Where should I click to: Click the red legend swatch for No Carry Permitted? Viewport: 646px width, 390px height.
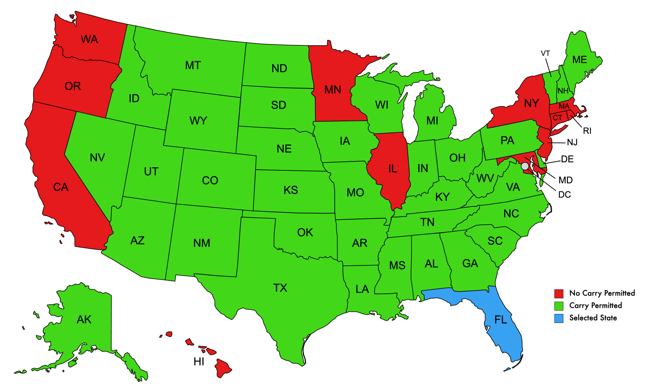(559, 293)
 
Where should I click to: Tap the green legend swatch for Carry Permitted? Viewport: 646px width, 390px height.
(559, 306)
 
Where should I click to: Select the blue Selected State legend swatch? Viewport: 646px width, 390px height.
(559, 318)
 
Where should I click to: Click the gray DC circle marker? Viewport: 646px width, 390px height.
(525, 166)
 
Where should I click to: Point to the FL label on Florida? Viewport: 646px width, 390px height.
(501, 320)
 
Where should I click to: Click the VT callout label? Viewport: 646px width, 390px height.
(545, 53)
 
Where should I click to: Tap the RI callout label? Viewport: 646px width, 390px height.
(587, 131)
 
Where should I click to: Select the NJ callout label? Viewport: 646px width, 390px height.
(572, 142)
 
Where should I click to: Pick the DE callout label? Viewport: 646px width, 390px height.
(567, 159)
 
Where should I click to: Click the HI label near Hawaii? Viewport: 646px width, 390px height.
(199, 362)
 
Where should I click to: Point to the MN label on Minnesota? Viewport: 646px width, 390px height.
(333, 90)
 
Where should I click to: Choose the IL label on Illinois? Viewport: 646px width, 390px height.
(393, 169)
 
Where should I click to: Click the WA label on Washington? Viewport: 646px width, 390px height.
(89, 39)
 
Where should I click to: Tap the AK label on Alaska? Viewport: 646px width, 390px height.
(84, 320)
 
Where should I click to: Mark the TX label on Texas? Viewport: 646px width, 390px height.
(280, 288)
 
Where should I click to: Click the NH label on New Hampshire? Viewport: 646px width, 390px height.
(563, 91)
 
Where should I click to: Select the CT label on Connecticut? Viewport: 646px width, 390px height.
(557, 118)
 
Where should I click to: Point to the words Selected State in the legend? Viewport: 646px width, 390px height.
(593, 318)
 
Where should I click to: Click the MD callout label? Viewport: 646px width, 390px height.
(565, 180)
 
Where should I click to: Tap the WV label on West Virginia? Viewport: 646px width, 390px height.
(485, 178)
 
